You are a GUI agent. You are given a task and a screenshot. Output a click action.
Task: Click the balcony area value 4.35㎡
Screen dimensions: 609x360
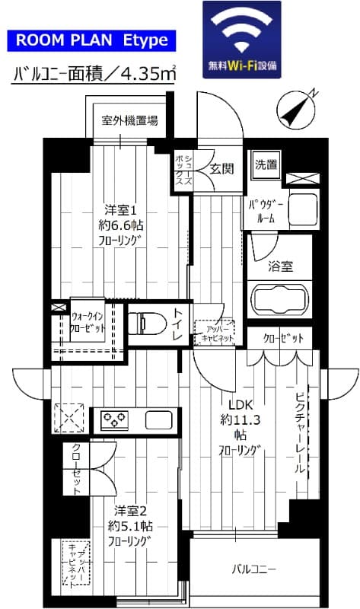(148, 75)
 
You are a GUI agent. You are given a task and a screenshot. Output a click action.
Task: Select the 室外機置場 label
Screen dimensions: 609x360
(130, 120)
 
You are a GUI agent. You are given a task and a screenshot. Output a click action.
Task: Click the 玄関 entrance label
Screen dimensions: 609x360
(221, 167)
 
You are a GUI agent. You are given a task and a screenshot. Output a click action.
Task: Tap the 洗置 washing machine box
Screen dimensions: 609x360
(266, 164)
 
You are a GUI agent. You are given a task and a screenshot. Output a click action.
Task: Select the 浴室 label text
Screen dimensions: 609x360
(280, 266)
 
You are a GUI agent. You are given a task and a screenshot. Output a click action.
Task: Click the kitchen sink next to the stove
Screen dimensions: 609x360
(159, 419)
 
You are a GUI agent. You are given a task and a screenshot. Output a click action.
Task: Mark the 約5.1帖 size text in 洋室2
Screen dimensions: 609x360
(122, 526)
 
